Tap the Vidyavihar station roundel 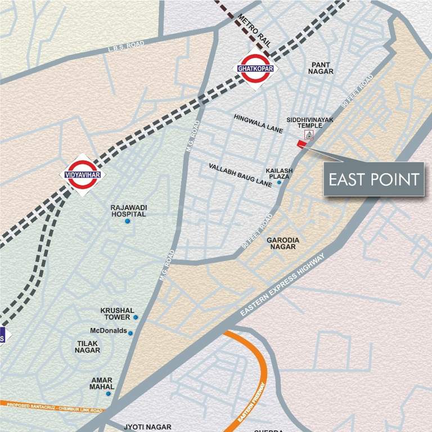83,174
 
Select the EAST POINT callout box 374,179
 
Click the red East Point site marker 301,145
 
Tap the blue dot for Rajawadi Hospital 128,221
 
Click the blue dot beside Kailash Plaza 279,182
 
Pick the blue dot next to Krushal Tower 136,317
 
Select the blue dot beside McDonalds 130,333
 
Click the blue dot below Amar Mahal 109,394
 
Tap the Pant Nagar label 322,68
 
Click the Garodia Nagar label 284,243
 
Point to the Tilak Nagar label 87,346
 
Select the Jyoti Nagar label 147,427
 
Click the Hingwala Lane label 259,123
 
